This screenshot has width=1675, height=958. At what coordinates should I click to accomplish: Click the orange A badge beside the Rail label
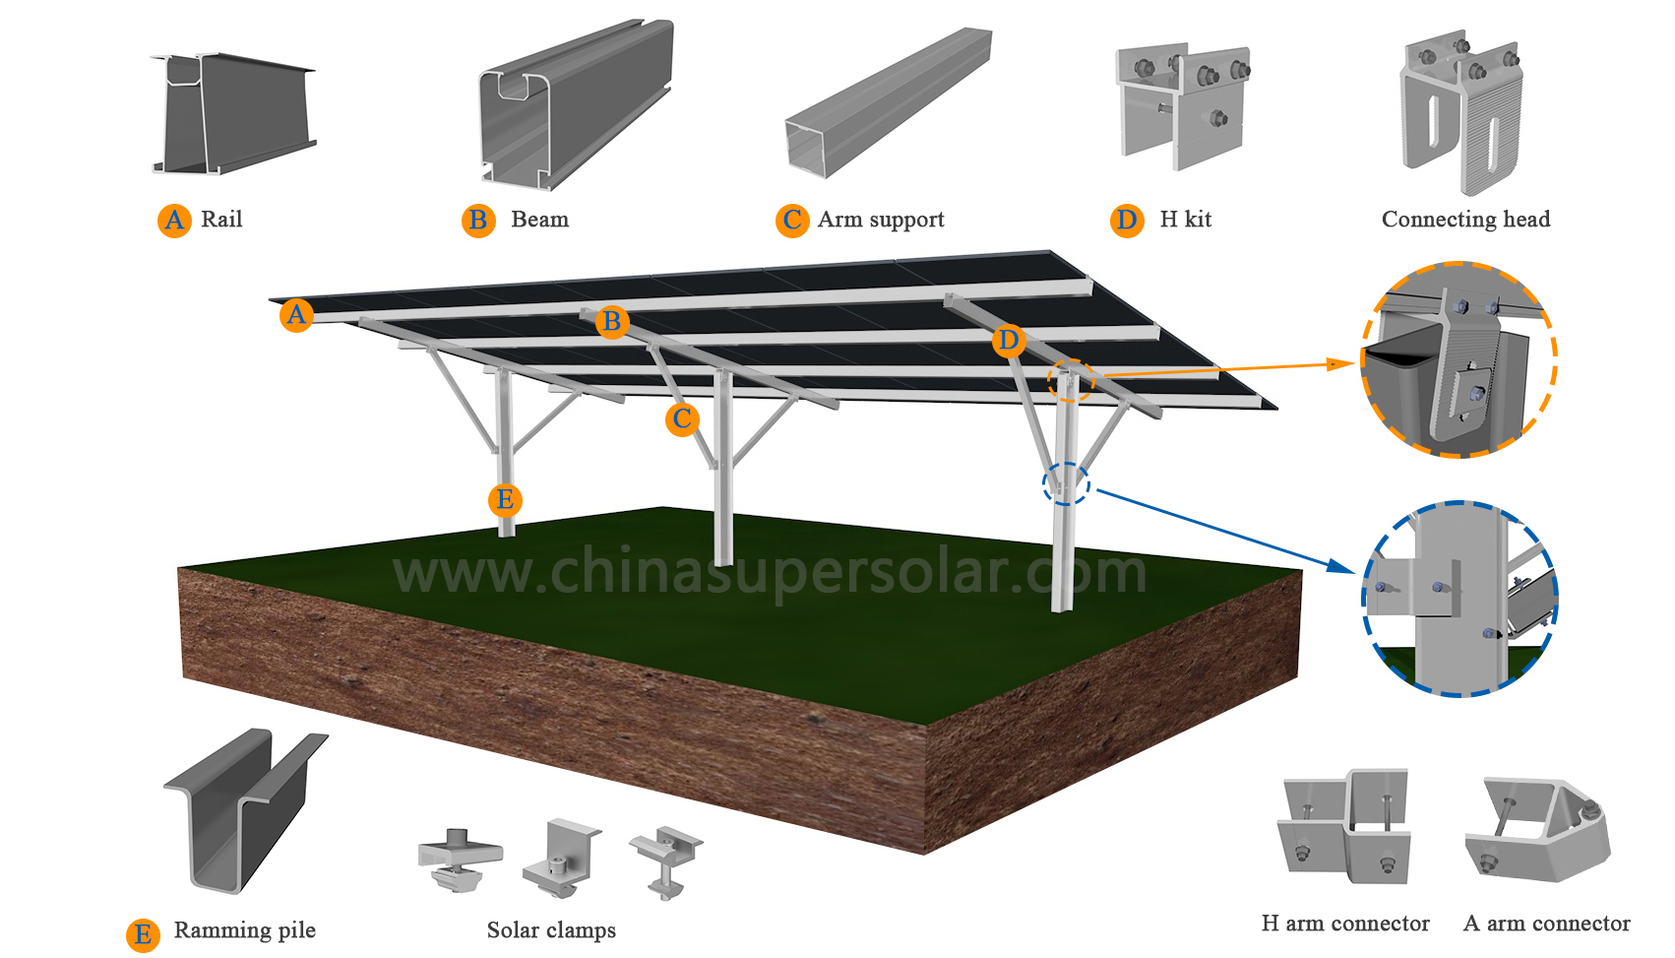pos(174,220)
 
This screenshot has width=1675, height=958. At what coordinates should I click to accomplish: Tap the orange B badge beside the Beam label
pos(478,220)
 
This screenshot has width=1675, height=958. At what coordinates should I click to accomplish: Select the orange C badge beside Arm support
pos(792,220)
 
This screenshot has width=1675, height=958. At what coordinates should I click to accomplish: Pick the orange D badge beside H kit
pos(1127,220)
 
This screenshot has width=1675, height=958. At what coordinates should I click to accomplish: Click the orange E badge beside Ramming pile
pos(143,934)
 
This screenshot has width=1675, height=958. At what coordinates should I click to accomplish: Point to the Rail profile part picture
pos(234,113)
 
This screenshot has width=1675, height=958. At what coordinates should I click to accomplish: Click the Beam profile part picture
pos(577,103)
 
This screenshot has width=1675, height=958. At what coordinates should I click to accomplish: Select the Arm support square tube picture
pos(888,103)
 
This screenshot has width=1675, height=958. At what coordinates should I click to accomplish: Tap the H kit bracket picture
pos(1182,103)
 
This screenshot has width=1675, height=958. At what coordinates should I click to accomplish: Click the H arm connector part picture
pos(1345,827)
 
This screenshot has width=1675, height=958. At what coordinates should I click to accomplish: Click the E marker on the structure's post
pos(505,500)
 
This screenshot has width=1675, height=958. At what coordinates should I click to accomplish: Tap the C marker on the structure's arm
pos(682,419)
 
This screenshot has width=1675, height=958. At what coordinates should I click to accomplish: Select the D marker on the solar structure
pos(1008,341)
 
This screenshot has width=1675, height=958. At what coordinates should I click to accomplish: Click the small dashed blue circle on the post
pos(1066,483)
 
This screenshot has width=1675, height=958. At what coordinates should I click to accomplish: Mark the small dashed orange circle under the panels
pos(1071,380)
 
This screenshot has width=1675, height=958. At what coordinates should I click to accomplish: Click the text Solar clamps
pos(551,930)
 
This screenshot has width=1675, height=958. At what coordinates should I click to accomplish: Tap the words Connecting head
pos(1465,220)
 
